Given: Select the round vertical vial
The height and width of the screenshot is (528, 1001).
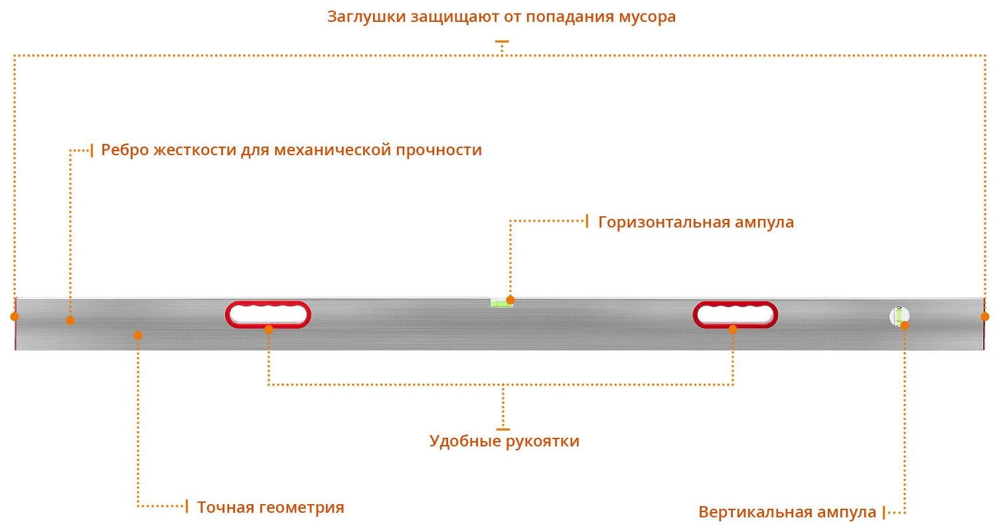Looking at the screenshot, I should point(899,316).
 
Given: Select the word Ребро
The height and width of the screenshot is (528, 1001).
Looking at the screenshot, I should point(125,151).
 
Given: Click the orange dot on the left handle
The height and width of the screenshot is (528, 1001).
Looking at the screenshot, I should point(269,329).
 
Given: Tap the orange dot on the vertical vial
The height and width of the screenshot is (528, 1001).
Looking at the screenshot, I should point(904,325).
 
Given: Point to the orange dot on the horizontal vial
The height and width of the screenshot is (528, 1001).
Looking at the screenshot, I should point(510,300).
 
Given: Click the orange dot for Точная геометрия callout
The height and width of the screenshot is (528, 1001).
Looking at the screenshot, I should point(138,335).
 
